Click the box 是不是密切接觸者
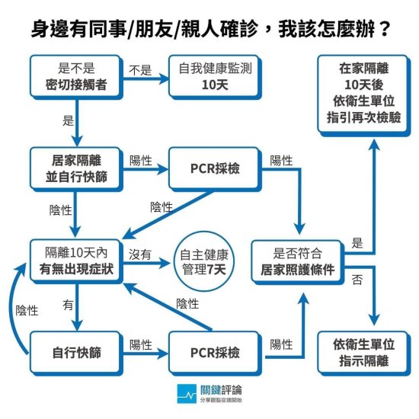[x=76, y=77]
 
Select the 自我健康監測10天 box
[x=215, y=77]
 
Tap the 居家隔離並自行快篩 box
[x=76, y=169]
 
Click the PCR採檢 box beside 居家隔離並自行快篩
[x=215, y=169]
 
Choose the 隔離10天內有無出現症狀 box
[x=76, y=261]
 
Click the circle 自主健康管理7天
[x=204, y=261]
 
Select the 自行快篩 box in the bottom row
[x=76, y=353]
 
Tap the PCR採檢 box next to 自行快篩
[x=215, y=353]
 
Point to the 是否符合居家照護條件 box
[x=298, y=262]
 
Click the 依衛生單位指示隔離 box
[x=364, y=353]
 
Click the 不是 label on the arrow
[x=140, y=70]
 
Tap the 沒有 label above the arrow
[x=140, y=254]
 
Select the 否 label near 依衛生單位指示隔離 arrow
[x=357, y=280]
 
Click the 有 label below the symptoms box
[x=68, y=305]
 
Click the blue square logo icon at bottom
[x=187, y=394]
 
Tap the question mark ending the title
[x=385, y=30]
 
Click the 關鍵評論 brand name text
[x=221, y=390]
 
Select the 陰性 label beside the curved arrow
[x=27, y=311]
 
